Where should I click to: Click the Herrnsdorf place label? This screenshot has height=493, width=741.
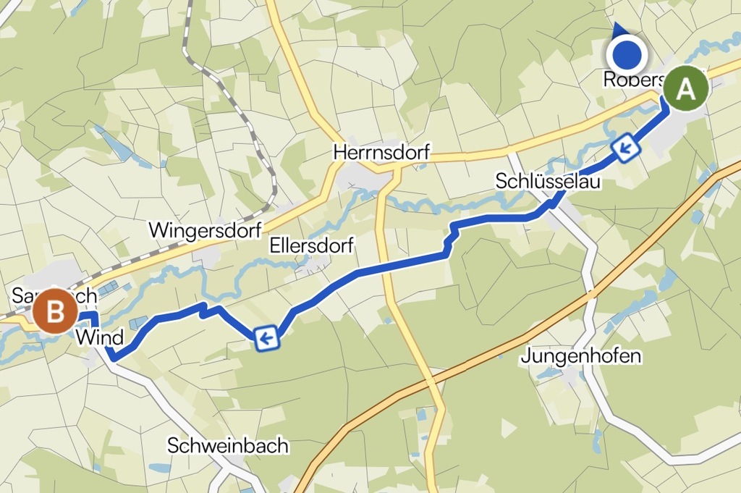[381, 153]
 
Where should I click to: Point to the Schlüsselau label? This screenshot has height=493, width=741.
[548, 182]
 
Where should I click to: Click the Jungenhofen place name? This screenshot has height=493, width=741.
[581, 356]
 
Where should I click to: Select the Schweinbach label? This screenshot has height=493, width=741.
[227, 445]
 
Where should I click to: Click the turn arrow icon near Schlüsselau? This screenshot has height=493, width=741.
[626, 148]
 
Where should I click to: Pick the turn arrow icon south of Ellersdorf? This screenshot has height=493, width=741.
[266, 337]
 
